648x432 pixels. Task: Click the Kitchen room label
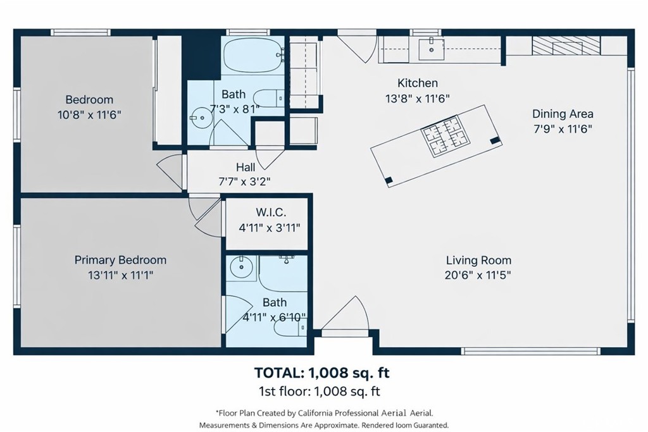click(x=418, y=83)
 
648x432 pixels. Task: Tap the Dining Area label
click(x=563, y=114)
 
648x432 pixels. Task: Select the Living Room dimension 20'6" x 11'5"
click(x=478, y=275)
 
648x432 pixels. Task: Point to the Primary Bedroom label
click(x=120, y=260)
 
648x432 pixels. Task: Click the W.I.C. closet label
click(x=271, y=213)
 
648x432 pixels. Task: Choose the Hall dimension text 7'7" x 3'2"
click(x=245, y=182)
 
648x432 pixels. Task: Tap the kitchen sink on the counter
click(x=431, y=49)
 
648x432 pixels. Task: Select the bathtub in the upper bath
click(x=254, y=55)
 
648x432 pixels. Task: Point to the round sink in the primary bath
click(x=241, y=268)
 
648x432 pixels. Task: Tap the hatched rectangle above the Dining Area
click(x=566, y=46)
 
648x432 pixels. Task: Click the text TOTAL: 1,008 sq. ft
click(x=322, y=373)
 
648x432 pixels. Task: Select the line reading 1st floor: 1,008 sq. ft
click(x=319, y=391)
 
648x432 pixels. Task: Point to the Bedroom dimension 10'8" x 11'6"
click(x=89, y=115)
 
